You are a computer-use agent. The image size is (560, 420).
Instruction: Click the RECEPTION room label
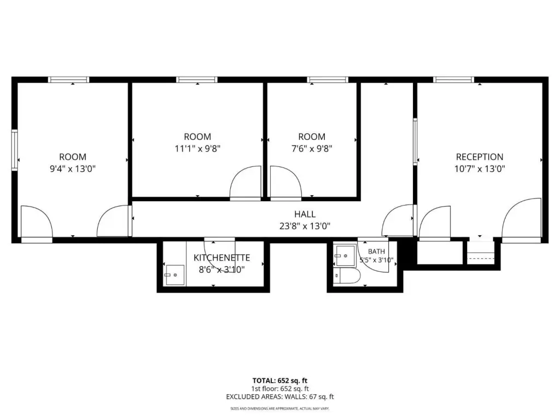[x=480, y=157]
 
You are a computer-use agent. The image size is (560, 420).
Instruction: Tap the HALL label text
[x=305, y=214]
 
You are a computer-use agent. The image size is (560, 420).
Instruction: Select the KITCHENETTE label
[x=222, y=258]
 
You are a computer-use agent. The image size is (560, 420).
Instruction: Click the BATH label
[x=376, y=252]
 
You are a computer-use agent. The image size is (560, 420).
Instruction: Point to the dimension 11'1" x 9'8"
[x=197, y=148]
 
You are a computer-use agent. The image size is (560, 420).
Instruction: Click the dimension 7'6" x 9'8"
[x=312, y=148]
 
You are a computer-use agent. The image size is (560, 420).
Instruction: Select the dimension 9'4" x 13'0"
[x=73, y=168]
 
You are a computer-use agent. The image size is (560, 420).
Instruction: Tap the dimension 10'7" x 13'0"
[x=480, y=168]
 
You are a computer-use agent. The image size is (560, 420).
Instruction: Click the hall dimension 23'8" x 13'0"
[x=305, y=226]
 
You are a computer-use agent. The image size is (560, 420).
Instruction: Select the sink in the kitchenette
[x=174, y=275]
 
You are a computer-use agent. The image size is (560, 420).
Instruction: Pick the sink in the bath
[x=345, y=256]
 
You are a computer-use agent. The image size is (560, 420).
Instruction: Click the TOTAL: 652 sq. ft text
[x=280, y=381]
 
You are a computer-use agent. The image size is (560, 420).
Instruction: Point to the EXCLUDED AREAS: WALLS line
[x=280, y=396]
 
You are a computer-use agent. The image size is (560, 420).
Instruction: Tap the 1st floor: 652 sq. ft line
[x=280, y=389]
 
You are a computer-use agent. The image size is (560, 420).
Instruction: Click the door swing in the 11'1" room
[x=246, y=182]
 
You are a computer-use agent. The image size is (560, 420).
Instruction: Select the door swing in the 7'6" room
[x=286, y=182]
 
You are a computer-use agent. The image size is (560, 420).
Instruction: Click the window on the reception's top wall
[x=453, y=80]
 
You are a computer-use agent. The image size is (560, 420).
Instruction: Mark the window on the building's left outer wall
[x=15, y=150]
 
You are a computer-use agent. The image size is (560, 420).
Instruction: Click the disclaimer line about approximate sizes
[x=280, y=408]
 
